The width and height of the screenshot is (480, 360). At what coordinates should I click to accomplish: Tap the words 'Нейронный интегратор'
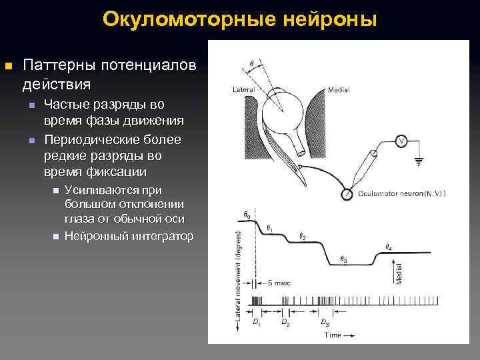click(x=129, y=236)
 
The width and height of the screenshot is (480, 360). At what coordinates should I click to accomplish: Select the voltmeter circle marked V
click(x=401, y=141)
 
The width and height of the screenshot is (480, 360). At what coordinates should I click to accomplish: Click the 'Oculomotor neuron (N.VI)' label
click(x=401, y=194)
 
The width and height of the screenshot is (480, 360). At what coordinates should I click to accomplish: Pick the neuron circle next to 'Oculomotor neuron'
click(x=347, y=194)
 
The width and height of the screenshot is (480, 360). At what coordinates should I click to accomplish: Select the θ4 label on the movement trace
click(x=389, y=247)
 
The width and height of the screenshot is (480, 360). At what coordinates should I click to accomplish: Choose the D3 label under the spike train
click(x=324, y=323)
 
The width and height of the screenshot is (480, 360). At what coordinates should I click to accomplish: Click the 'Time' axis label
click(x=333, y=335)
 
